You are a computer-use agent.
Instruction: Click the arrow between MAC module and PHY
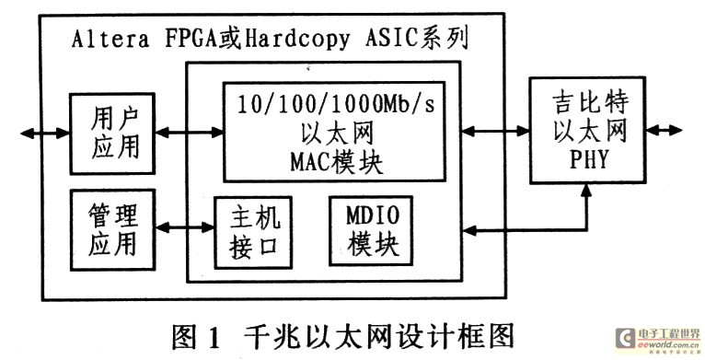495,129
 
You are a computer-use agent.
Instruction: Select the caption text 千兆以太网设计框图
381,332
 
